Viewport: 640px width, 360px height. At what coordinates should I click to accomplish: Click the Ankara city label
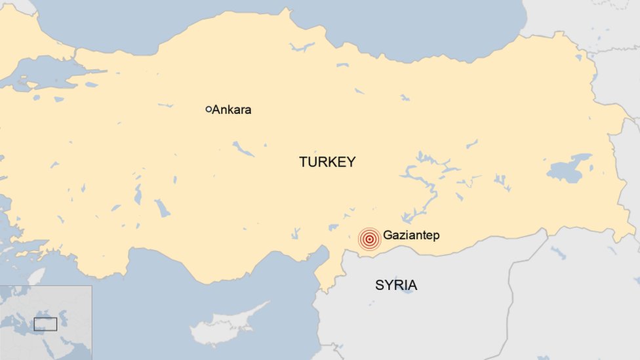[231, 110]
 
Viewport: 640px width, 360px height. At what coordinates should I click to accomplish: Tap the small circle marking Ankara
[209, 110]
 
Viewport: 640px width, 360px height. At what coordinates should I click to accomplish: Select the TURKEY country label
[327, 161]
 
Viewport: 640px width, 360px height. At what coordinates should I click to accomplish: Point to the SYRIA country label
[396, 285]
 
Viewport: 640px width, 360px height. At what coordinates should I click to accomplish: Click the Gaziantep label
[411, 235]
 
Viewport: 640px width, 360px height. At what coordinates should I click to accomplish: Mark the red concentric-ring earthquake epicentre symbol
[370, 239]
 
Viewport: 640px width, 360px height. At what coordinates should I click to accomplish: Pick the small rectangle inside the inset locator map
[45, 324]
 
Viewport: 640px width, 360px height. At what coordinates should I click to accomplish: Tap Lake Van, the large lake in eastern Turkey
[568, 169]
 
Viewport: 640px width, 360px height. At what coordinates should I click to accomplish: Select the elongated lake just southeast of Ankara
[243, 150]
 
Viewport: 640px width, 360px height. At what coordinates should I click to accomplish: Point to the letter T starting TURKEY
[303, 161]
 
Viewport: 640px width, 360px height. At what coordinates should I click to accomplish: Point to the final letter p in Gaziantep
[436, 236]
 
